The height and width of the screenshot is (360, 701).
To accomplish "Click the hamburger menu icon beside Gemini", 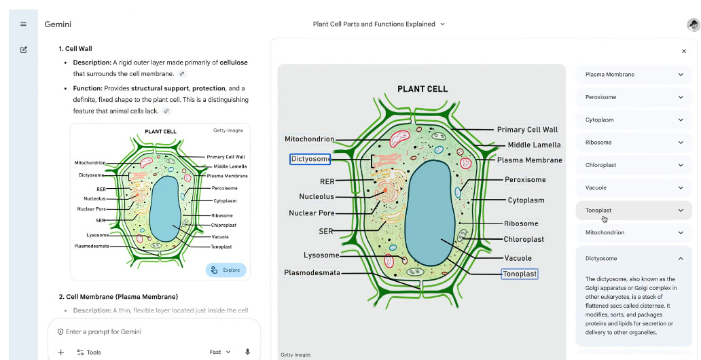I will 23,24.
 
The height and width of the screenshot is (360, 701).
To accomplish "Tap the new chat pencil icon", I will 23,50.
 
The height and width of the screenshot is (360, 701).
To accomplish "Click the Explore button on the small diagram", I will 226,270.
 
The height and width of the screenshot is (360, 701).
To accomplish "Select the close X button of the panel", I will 683,51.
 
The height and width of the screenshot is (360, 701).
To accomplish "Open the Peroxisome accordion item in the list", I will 634,97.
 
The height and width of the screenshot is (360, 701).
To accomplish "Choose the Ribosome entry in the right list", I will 634,143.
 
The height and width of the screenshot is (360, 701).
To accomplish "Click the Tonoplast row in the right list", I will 634,211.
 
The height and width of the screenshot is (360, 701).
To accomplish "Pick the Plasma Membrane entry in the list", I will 634,75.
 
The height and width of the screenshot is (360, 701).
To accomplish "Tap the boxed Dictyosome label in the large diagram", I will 310,160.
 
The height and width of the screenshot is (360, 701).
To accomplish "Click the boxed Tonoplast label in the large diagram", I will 520,274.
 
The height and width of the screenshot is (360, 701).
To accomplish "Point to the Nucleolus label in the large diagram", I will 317,197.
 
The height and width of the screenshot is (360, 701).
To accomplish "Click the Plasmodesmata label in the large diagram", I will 312,272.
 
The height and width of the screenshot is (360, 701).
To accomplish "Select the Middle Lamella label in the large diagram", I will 534,145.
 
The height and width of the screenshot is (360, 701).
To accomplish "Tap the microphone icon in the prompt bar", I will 247,352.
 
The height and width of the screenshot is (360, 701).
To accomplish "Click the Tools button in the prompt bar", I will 89,352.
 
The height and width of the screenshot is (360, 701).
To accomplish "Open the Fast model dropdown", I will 220,352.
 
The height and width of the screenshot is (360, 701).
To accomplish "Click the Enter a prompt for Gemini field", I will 136,331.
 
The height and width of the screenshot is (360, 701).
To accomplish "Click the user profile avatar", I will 693,24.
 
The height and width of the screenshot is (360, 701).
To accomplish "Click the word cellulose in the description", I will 234,62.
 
